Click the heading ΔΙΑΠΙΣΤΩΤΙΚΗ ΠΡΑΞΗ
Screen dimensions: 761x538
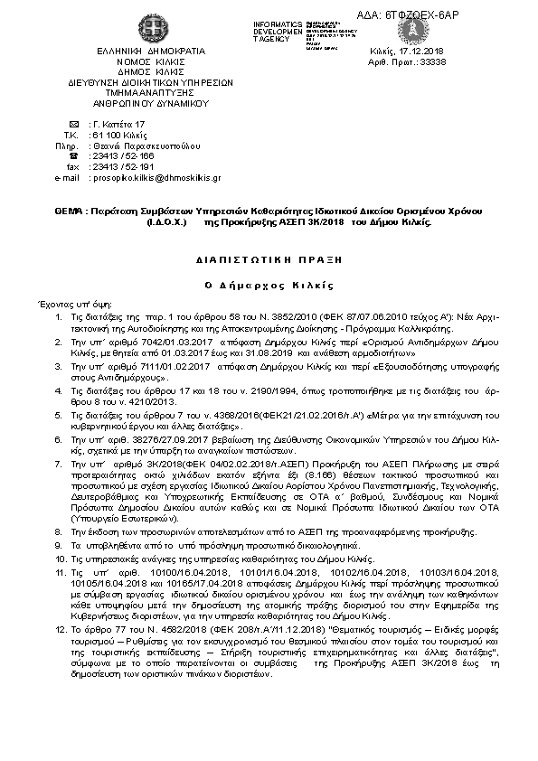[x=269, y=258]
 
